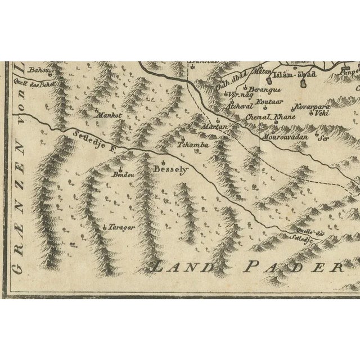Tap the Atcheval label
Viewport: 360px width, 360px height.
(238, 106)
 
